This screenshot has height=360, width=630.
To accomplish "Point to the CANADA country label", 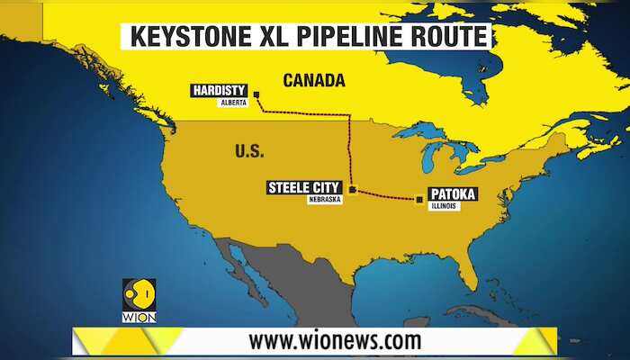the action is click(314, 81).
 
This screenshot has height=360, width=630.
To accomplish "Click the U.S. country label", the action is click(249, 150).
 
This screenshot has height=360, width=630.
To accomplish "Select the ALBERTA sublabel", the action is click(232, 103).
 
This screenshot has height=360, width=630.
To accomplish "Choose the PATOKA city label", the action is click(453, 193).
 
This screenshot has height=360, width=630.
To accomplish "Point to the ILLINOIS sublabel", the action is click(444, 206).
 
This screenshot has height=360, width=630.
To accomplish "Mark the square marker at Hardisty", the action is click(256, 94).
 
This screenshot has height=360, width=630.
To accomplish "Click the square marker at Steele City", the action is click(353, 190).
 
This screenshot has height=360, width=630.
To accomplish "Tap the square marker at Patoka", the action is click(418, 200).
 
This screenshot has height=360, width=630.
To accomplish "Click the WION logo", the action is click(139, 301).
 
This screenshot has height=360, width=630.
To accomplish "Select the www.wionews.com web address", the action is click(335, 341).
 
